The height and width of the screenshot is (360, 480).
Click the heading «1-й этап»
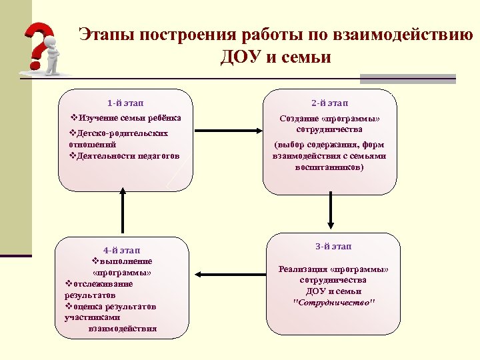(125, 103)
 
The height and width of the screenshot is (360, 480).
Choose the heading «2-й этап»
(329, 103)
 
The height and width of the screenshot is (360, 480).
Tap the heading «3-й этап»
(333, 247)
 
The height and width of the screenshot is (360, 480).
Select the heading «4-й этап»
(122, 250)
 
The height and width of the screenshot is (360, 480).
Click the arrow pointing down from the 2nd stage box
(329, 212)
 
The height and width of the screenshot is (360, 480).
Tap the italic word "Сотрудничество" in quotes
(334, 302)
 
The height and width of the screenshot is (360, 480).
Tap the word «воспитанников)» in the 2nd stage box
(329, 167)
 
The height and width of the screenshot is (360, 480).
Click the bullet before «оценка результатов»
(69, 306)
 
